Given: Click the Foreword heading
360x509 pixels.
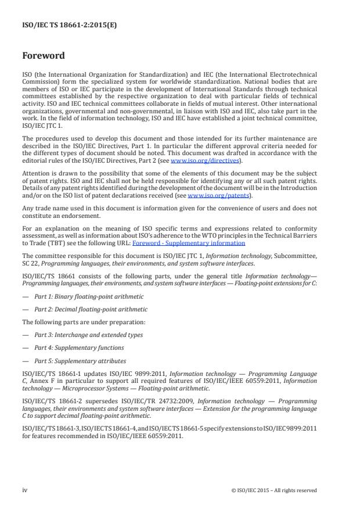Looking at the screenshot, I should (x=43, y=56).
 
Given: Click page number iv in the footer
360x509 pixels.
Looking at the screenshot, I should (x=25, y=490).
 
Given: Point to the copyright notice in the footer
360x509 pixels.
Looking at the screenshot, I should (x=273, y=490).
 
